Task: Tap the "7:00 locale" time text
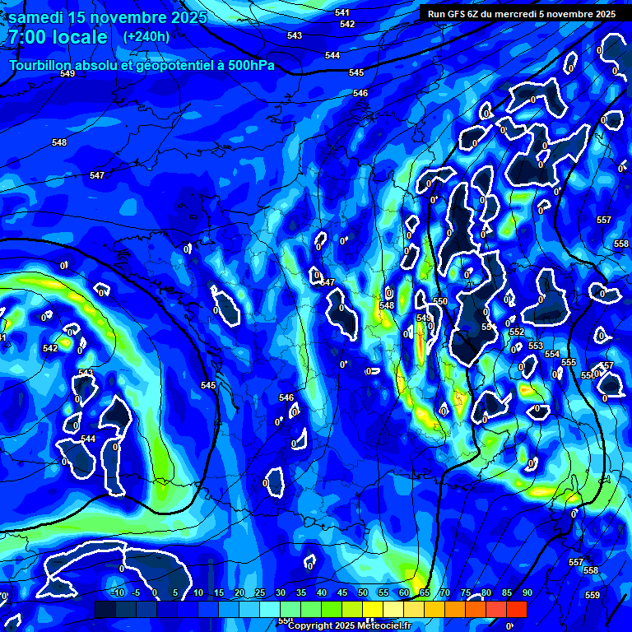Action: coord(58,38)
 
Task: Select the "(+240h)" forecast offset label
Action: coord(146,37)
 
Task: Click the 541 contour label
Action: coord(342,12)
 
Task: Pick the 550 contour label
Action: coord(440,302)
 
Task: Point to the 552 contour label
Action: coord(517,332)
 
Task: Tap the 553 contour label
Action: coord(536,346)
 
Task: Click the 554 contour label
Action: coord(552,354)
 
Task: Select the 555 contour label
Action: coord(569,362)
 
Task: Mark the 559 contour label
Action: coord(592,594)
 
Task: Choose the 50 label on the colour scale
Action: coord(363,592)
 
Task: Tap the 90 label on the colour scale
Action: coord(527,592)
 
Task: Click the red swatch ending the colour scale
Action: coord(516,609)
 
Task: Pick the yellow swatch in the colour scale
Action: coord(372,609)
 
